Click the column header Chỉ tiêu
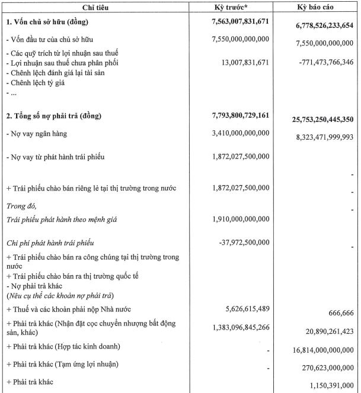100,7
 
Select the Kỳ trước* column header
238,7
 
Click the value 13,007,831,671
244,62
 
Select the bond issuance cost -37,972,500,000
244,242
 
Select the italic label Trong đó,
21,206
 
